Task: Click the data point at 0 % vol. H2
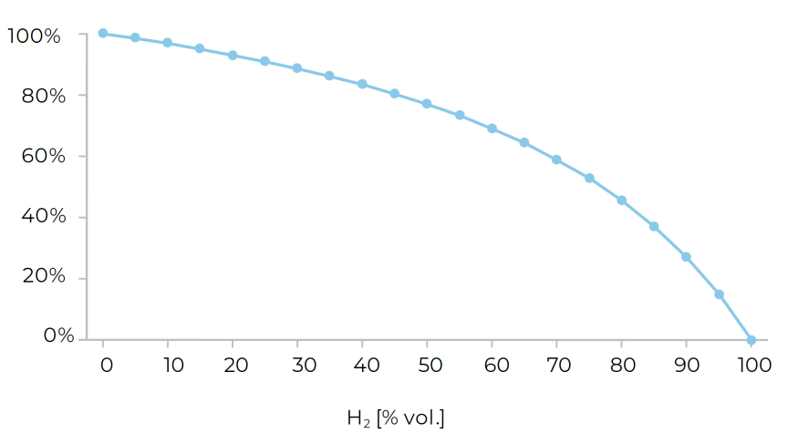[103, 33]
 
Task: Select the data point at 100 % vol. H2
[752, 340]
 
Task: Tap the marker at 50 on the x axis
[427, 104]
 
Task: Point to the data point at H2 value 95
[719, 294]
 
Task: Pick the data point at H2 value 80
[622, 200]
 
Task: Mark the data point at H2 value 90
[686, 257]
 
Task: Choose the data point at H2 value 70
[556, 160]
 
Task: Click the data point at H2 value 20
[233, 56]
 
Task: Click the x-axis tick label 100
[752, 366]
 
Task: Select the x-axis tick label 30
[297, 366]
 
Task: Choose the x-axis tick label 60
[493, 366]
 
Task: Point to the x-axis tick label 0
[106, 366]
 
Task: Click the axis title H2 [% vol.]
[395, 418]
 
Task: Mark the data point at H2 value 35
[329, 76]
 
